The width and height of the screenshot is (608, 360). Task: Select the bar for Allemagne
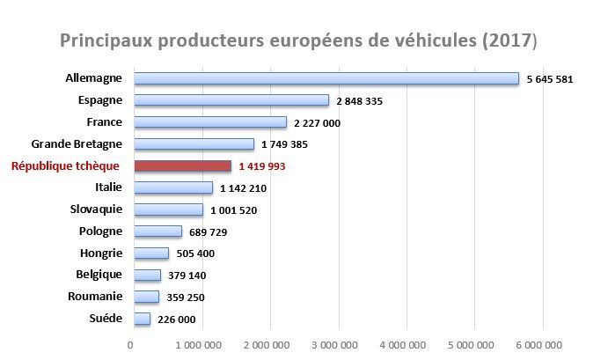(x=326, y=78)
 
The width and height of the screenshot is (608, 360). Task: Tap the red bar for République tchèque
(x=181, y=165)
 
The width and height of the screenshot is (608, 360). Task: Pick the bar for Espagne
(x=231, y=100)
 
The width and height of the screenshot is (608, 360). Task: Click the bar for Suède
(x=141, y=319)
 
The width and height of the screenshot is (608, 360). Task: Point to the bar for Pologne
(x=157, y=231)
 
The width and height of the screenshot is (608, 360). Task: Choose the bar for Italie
(x=172, y=187)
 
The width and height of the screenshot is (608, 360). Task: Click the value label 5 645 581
(x=550, y=79)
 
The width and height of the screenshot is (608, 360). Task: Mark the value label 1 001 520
(x=234, y=210)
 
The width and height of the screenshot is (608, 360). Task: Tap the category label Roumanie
(x=96, y=297)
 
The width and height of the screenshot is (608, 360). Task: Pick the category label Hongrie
(x=99, y=253)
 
